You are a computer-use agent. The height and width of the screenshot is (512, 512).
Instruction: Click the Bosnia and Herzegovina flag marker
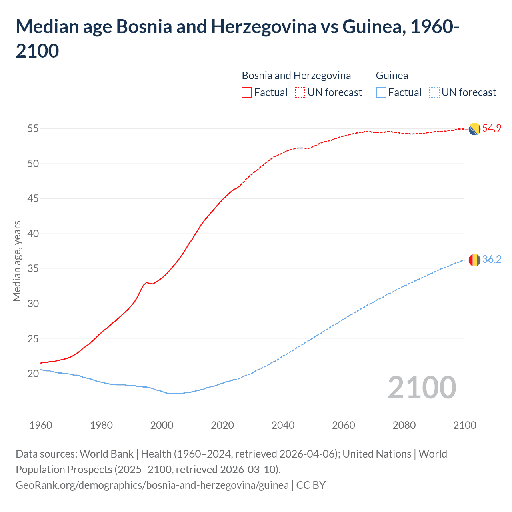coord(474,129)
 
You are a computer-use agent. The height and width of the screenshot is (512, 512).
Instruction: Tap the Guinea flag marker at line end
coord(474,260)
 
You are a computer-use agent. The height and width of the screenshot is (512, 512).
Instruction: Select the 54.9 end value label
coord(492,128)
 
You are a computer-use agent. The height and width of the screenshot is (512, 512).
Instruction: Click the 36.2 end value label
coord(492,260)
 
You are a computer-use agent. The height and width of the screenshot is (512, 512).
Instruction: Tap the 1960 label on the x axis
coord(41,425)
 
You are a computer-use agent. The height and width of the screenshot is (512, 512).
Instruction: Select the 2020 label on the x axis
coord(222,425)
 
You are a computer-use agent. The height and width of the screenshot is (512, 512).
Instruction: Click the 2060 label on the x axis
coord(344,425)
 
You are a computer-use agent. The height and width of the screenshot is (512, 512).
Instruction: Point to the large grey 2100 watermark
coord(422,388)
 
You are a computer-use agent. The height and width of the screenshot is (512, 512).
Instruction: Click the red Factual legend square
coord(247,92)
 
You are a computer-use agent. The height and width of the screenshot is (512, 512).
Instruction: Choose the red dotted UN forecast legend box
coord(300,92)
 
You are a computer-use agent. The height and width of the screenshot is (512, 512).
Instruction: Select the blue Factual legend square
coord(381,92)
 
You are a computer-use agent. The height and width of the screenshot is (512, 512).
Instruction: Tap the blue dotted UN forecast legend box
coord(434,92)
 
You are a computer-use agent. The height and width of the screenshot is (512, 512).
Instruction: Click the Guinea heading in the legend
coord(392,76)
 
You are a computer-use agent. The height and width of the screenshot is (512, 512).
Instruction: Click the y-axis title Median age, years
coord(17,261)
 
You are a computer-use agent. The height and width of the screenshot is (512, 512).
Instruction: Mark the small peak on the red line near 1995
coord(146,282)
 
